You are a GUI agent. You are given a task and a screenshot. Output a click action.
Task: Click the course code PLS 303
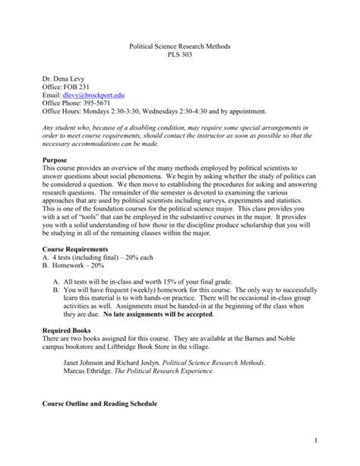[180, 57]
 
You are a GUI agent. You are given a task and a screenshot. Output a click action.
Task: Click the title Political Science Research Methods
[180, 47]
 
